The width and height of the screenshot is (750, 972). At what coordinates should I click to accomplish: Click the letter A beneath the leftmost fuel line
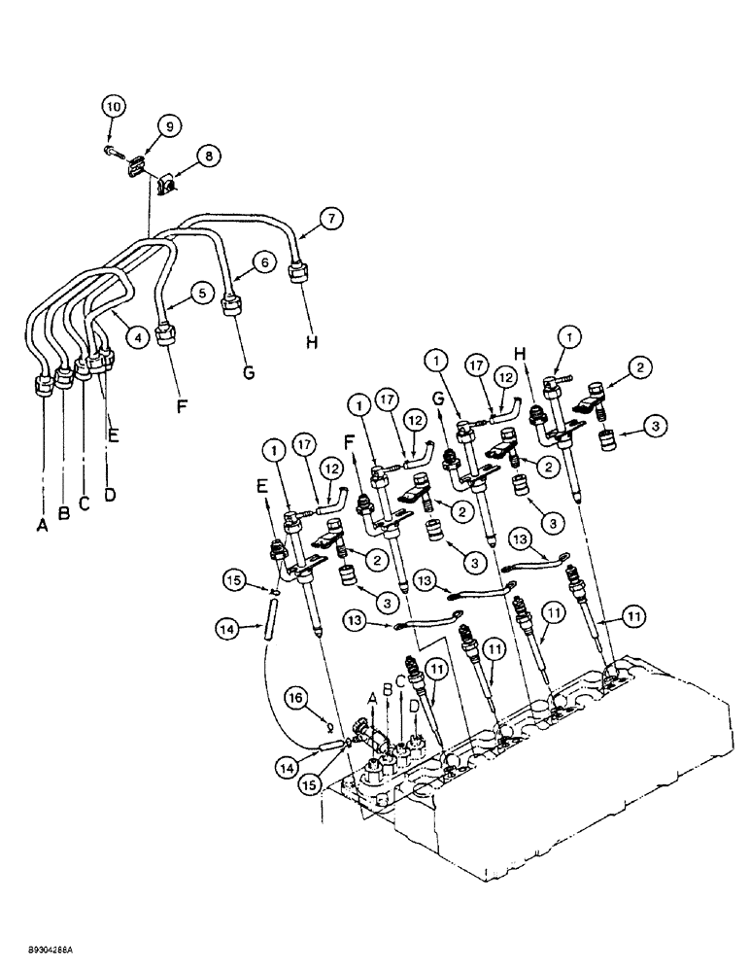(x=43, y=523)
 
